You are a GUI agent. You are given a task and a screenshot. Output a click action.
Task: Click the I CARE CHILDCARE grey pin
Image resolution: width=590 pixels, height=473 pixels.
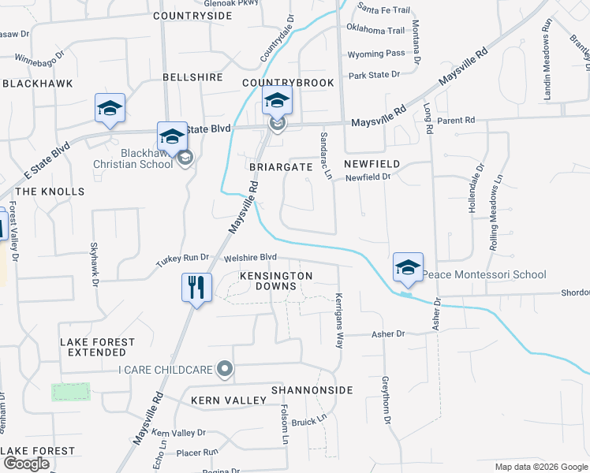226,369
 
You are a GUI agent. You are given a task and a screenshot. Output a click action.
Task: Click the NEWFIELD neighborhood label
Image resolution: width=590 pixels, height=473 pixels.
372,163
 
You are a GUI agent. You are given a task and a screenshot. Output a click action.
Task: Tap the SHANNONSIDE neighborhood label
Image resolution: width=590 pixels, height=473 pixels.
312,390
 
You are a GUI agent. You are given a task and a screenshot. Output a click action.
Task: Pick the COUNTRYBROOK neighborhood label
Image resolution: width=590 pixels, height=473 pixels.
288,83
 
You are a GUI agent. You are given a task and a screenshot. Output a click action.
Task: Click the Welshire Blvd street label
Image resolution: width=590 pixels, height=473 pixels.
251,257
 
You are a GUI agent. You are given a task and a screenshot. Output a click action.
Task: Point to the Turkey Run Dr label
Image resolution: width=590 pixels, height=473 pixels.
182,258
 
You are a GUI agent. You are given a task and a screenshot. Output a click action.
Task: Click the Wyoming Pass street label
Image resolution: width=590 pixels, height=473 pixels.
376,54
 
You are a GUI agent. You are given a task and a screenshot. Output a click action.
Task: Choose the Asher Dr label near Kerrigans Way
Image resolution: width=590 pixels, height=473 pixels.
388,334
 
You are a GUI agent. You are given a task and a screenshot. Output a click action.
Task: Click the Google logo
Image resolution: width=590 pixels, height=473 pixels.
26,464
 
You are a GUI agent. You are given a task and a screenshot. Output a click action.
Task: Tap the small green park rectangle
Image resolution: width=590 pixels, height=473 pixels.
71,392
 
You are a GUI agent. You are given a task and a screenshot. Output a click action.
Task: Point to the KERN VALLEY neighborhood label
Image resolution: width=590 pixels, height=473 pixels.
229,400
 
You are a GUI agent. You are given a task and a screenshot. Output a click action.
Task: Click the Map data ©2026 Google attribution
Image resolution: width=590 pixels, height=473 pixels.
540,467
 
